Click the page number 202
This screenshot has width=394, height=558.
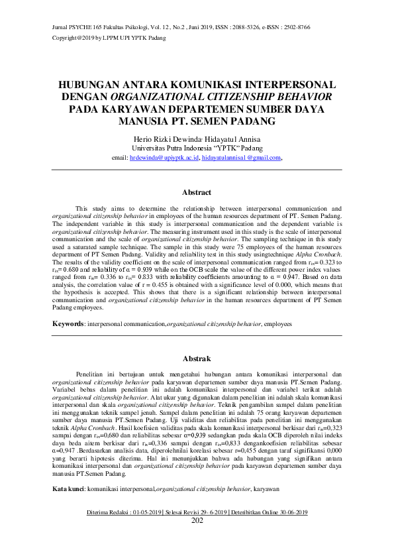coord(197,520)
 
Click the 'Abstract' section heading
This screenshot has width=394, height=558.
coord(197,193)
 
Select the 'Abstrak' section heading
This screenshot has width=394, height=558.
coord(197,359)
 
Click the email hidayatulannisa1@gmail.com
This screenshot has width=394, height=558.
coord(242,158)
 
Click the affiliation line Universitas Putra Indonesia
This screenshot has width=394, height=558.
coord(197,148)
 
